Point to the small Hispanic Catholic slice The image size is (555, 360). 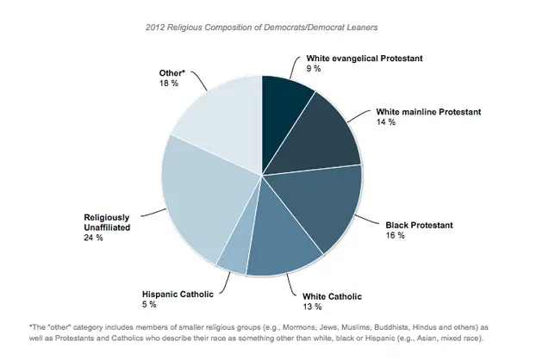pyautogui.click(x=233, y=254)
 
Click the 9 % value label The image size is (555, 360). pyautogui.click(x=314, y=68)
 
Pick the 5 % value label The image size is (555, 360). pyautogui.click(x=148, y=304)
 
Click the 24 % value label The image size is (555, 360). pyautogui.click(x=93, y=237)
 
